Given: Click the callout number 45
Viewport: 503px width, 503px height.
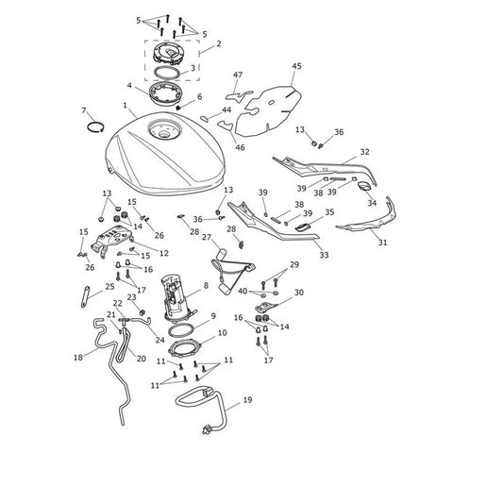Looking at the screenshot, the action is [x=296, y=66].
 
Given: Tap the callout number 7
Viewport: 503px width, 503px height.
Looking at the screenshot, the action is [x=84, y=110].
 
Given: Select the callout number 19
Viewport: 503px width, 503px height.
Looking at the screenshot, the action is [x=247, y=400].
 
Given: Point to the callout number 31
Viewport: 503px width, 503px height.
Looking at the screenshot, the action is [x=382, y=243].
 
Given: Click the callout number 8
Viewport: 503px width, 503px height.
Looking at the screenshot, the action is [x=206, y=285].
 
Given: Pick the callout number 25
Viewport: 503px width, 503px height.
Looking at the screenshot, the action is [x=109, y=287].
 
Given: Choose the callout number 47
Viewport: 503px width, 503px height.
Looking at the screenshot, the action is [x=238, y=75].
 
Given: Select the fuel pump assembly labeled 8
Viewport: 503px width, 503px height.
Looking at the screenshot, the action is [x=177, y=296].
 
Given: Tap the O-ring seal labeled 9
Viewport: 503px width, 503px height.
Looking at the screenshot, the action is [x=181, y=330].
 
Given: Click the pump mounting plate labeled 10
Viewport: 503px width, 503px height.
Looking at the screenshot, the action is [x=184, y=349].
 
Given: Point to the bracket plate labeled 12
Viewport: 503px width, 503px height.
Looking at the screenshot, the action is [x=112, y=240].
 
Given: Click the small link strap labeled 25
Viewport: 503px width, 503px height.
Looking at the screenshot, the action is [x=85, y=296].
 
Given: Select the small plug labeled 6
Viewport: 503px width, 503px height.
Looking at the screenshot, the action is [x=179, y=108].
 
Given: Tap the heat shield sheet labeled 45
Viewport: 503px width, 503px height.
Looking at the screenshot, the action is [x=268, y=110].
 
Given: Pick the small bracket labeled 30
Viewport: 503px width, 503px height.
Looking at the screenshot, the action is [x=265, y=307].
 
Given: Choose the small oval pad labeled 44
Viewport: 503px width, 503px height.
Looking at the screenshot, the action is [x=204, y=119].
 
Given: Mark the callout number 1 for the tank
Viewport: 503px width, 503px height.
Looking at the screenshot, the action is [x=126, y=105].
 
